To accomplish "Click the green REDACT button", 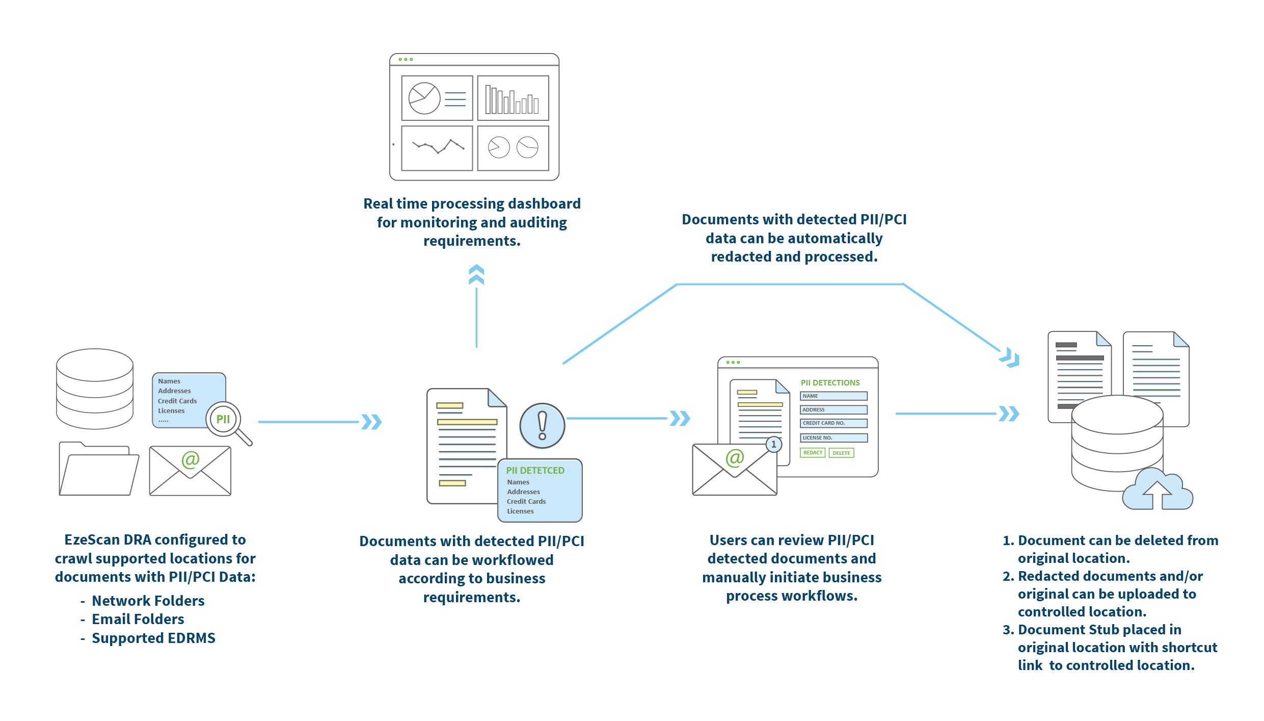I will pos(812,453).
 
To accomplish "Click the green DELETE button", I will pos(841,453).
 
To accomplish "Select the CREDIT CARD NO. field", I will pos(833,423).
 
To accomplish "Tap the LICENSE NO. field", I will pos(833,437).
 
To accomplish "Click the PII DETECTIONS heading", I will pos(830,382).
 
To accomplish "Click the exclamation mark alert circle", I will pos(542,426).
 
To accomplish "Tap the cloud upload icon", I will pos(1158,491).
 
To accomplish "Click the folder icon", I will pos(98,469).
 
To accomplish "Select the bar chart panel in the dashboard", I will pos(513,98).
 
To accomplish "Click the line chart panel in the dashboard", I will pos(437,148).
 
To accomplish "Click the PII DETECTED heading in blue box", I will pos(535,470).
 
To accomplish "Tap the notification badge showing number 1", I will pos(773,445).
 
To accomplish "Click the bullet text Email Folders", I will pos(138,619).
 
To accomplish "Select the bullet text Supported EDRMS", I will pos(153,638).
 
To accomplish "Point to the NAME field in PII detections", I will pos(833,396).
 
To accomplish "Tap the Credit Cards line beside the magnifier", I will pos(177,401).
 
